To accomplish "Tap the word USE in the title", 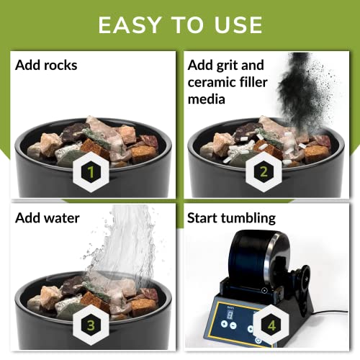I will [x=235, y=24].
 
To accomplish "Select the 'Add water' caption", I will [x=48, y=217].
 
